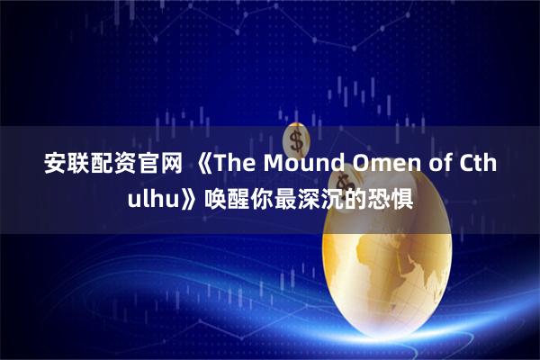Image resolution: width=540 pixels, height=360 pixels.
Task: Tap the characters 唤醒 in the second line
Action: tap(229, 198)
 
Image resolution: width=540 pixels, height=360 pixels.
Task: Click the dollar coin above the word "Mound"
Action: tap(296, 138)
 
